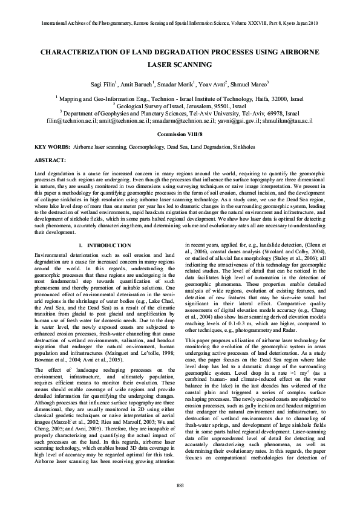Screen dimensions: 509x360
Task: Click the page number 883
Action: pyautogui.click(x=180, y=486)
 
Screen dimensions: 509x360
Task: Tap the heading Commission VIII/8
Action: pyautogui.click(x=180, y=133)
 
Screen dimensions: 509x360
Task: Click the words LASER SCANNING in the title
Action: pyautogui.click(x=180, y=64)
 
